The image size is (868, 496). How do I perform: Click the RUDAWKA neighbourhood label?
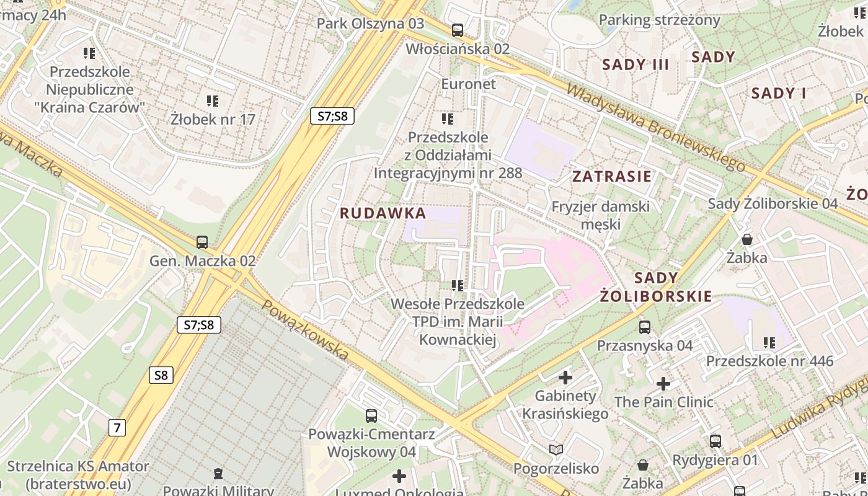click(x=383, y=213)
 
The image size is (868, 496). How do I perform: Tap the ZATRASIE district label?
click(x=611, y=176)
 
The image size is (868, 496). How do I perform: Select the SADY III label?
click(x=635, y=64)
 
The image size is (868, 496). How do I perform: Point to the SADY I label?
click(x=778, y=94)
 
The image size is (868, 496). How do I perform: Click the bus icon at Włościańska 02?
click(x=458, y=30)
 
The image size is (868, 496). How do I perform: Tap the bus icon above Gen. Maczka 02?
click(x=202, y=242)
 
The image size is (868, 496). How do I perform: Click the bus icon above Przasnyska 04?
click(x=645, y=327)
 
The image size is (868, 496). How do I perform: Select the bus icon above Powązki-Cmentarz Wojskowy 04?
click(x=371, y=416)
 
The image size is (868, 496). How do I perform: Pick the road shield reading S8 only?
click(x=161, y=375)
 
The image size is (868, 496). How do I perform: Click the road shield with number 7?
click(x=117, y=427)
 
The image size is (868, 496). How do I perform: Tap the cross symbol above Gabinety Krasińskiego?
click(x=565, y=377)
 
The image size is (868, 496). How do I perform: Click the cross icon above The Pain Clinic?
click(x=663, y=384)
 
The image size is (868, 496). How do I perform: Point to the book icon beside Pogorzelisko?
click(x=556, y=449)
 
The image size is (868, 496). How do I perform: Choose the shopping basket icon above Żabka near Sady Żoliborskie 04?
click(x=747, y=239)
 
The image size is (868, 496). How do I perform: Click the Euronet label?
click(x=468, y=84)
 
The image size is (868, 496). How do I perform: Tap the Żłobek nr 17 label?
click(x=213, y=119)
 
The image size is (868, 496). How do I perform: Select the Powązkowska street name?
click(x=305, y=330)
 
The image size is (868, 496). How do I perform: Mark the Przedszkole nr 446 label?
click(x=769, y=361)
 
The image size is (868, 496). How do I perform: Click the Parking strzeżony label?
click(x=659, y=20)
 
